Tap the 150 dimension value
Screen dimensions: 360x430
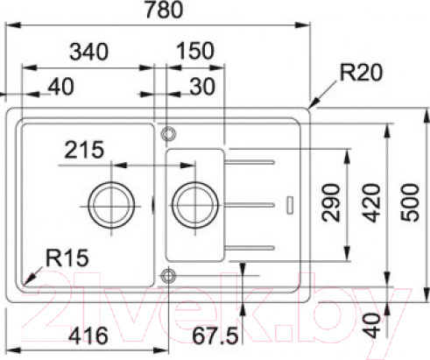point(194,51)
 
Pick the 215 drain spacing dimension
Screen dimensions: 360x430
point(85,150)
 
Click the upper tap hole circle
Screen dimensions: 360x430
point(166,133)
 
